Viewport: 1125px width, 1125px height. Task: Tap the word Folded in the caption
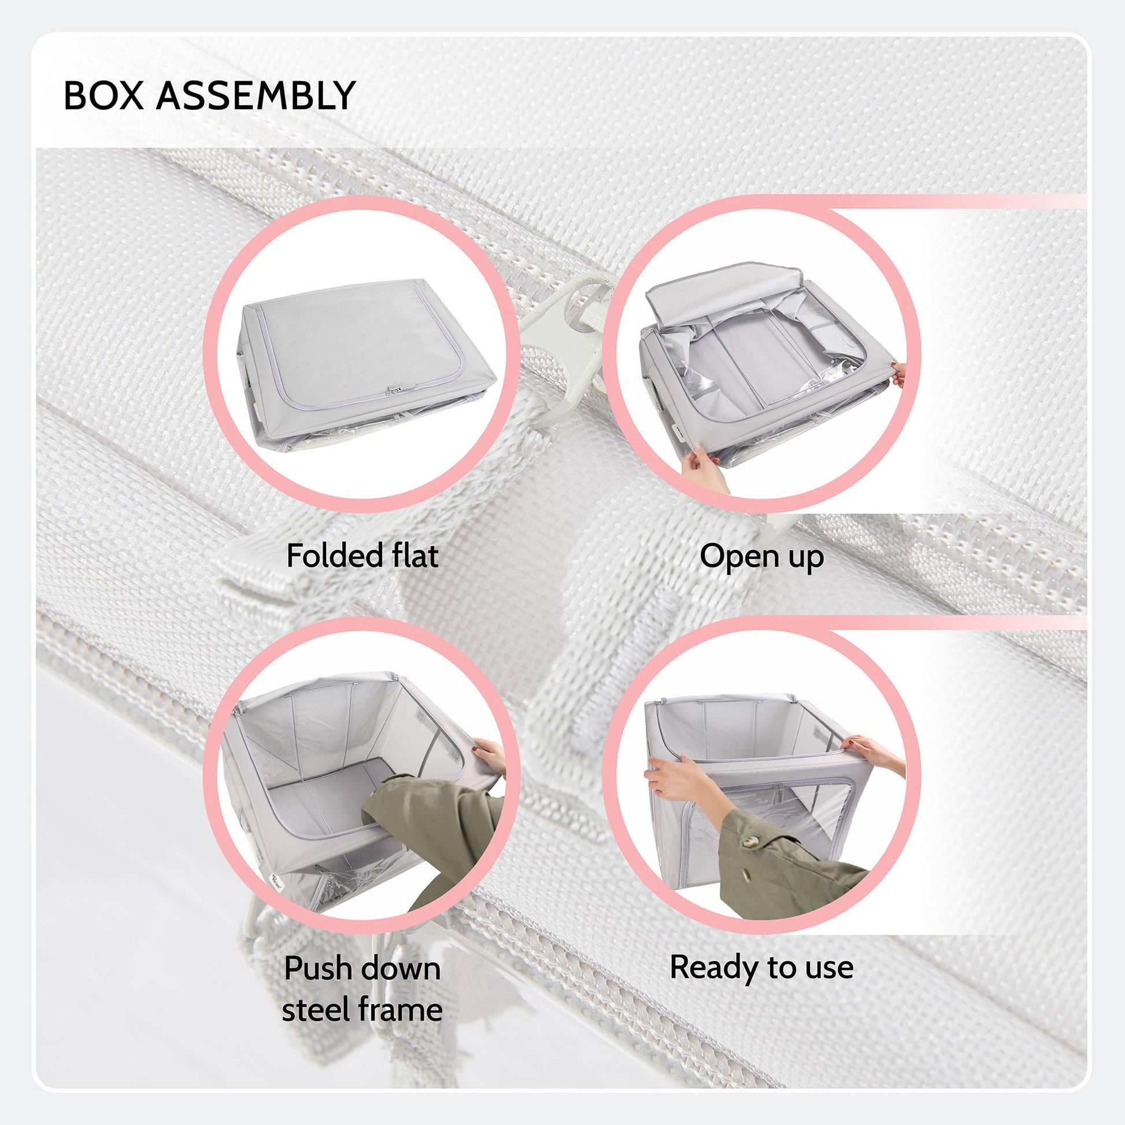(x=334, y=556)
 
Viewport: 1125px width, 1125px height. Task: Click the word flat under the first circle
(x=415, y=556)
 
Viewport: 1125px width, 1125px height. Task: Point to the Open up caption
(x=761, y=557)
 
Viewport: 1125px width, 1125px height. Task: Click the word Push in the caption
(x=318, y=968)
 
